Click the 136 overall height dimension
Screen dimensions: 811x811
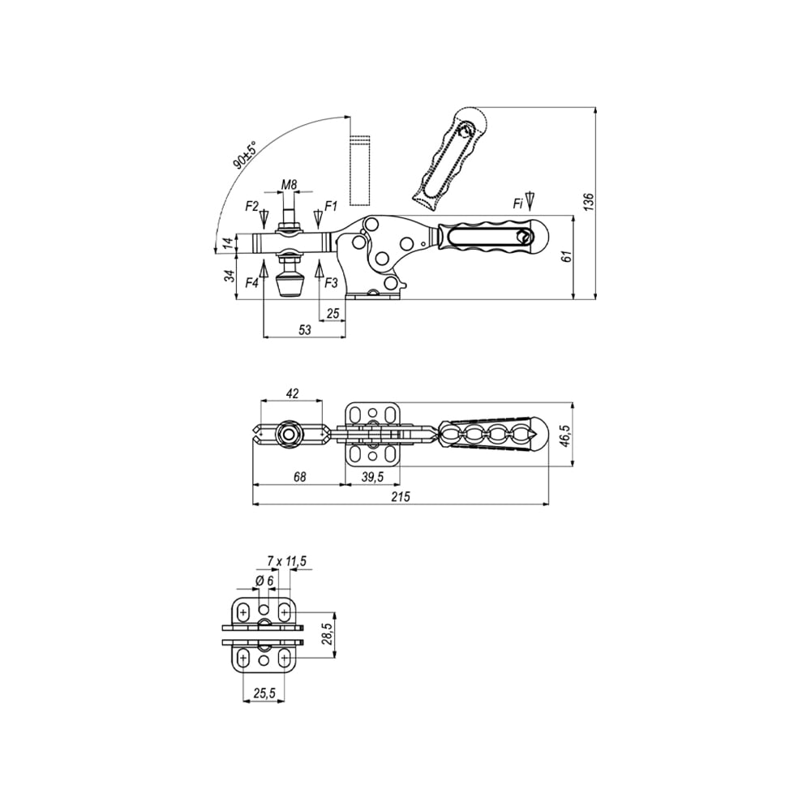(x=589, y=202)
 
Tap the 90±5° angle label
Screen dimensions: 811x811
(x=245, y=155)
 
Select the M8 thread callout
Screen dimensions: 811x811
(x=290, y=184)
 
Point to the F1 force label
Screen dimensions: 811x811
(x=331, y=206)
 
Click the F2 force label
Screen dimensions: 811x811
(x=252, y=206)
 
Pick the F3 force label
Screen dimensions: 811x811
(x=331, y=283)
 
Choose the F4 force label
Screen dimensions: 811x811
(x=252, y=283)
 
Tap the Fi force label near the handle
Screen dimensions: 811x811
(x=517, y=204)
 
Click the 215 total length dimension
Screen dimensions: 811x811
(x=401, y=496)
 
